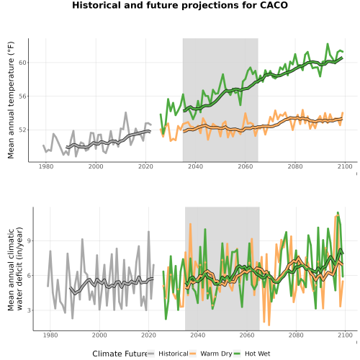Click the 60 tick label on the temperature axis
click(x=22, y=63)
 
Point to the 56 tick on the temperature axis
click(x=22, y=96)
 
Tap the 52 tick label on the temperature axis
click(x=22, y=130)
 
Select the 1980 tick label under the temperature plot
click(x=46, y=166)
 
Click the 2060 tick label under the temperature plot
click(x=246, y=166)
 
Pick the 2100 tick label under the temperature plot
click(x=345, y=166)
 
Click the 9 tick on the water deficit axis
click(x=29, y=240)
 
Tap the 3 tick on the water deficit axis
click(x=29, y=310)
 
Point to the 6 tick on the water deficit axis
click(x=29, y=276)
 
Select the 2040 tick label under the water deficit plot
click(x=198, y=335)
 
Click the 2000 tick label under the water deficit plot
click(x=99, y=335)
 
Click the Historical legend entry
click(x=168, y=354)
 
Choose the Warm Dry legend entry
click(x=211, y=354)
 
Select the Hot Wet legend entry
click(x=252, y=354)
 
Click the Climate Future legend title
click(x=120, y=354)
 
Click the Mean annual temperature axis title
click(x=11, y=100)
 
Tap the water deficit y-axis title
click(x=15, y=269)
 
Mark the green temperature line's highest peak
click(x=328, y=44)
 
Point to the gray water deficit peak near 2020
click(x=148, y=232)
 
